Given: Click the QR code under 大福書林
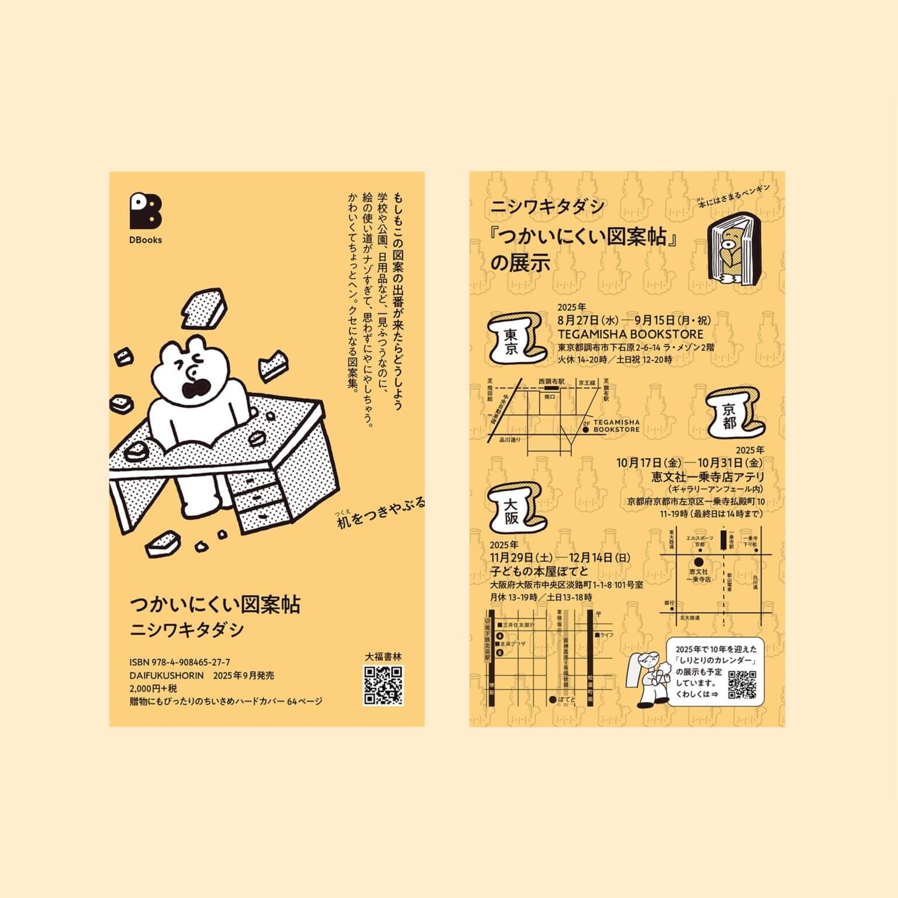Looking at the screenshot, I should [384, 685].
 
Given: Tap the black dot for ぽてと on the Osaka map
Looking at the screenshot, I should [552, 699].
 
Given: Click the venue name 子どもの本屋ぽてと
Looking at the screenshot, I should [539, 571].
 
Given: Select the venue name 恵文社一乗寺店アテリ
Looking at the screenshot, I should [708, 477].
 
